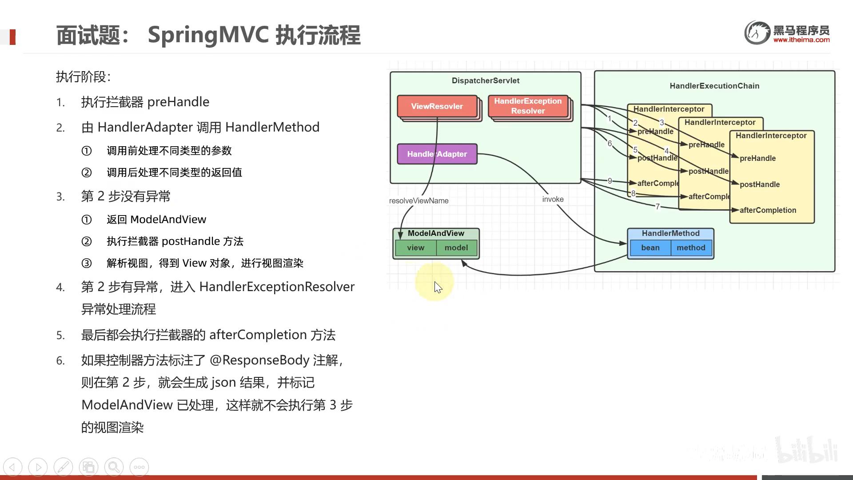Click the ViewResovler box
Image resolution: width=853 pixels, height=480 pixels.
point(437,106)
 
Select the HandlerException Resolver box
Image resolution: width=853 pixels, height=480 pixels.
point(528,106)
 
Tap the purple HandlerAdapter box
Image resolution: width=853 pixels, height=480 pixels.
point(437,154)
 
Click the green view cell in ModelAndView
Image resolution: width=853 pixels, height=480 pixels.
point(415,248)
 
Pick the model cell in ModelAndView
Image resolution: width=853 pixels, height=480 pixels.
point(456,248)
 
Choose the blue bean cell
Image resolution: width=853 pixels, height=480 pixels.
point(650,248)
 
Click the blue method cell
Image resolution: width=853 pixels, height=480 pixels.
point(691,248)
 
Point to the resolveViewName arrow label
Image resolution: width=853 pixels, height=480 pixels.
point(419,201)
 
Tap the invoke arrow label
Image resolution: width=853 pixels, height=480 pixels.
point(553,200)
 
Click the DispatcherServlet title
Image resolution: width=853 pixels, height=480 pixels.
point(485,81)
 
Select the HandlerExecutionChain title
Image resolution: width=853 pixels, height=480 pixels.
point(714,86)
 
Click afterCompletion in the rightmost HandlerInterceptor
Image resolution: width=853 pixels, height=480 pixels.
point(767,210)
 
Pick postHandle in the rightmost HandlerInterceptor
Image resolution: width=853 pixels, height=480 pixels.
point(759,184)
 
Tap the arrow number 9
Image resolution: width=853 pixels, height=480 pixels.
point(610,181)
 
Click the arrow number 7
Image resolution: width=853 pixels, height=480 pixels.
point(658,206)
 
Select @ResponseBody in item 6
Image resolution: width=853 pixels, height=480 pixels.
point(259,360)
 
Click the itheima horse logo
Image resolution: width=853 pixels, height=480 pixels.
point(757,32)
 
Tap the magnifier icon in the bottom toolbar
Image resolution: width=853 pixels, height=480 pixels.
point(114,467)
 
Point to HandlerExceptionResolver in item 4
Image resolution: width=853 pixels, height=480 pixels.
point(277,287)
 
